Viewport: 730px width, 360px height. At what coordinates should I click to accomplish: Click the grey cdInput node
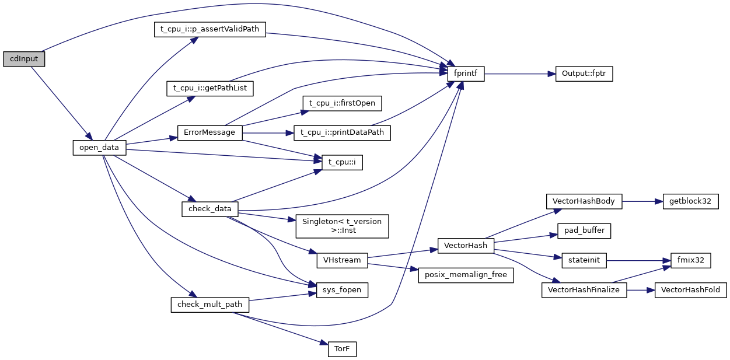[x=24, y=59]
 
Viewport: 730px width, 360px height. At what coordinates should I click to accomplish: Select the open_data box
[x=99, y=148]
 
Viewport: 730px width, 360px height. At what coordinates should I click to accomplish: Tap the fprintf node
[x=466, y=74]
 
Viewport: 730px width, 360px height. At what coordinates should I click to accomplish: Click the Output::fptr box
[x=584, y=74]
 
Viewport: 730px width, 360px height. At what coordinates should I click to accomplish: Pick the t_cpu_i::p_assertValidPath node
[x=210, y=30]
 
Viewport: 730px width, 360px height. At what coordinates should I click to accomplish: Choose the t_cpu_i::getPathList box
[x=210, y=89]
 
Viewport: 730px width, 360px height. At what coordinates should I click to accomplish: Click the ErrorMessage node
[x=209, y=132]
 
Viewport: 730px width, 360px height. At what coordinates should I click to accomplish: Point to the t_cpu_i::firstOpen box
[x=342, y=103]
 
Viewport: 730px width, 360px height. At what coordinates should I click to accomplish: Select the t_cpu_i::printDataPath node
[x=342, y=132]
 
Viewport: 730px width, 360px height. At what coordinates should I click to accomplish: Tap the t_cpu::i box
[x=342, y=162]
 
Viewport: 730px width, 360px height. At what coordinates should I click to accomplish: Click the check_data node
[x=210, y=209]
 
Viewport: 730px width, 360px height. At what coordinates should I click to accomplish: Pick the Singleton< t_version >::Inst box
[x=342, y=226]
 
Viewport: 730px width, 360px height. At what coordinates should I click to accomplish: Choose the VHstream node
[x=342, y=260]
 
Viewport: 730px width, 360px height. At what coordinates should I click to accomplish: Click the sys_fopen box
[x=342, y=289]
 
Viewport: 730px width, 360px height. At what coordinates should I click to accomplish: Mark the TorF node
[x=342, y=349]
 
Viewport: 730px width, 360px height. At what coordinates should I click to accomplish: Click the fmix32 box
[x=690, y=260]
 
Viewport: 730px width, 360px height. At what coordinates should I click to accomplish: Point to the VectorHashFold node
[x=690, y=290]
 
